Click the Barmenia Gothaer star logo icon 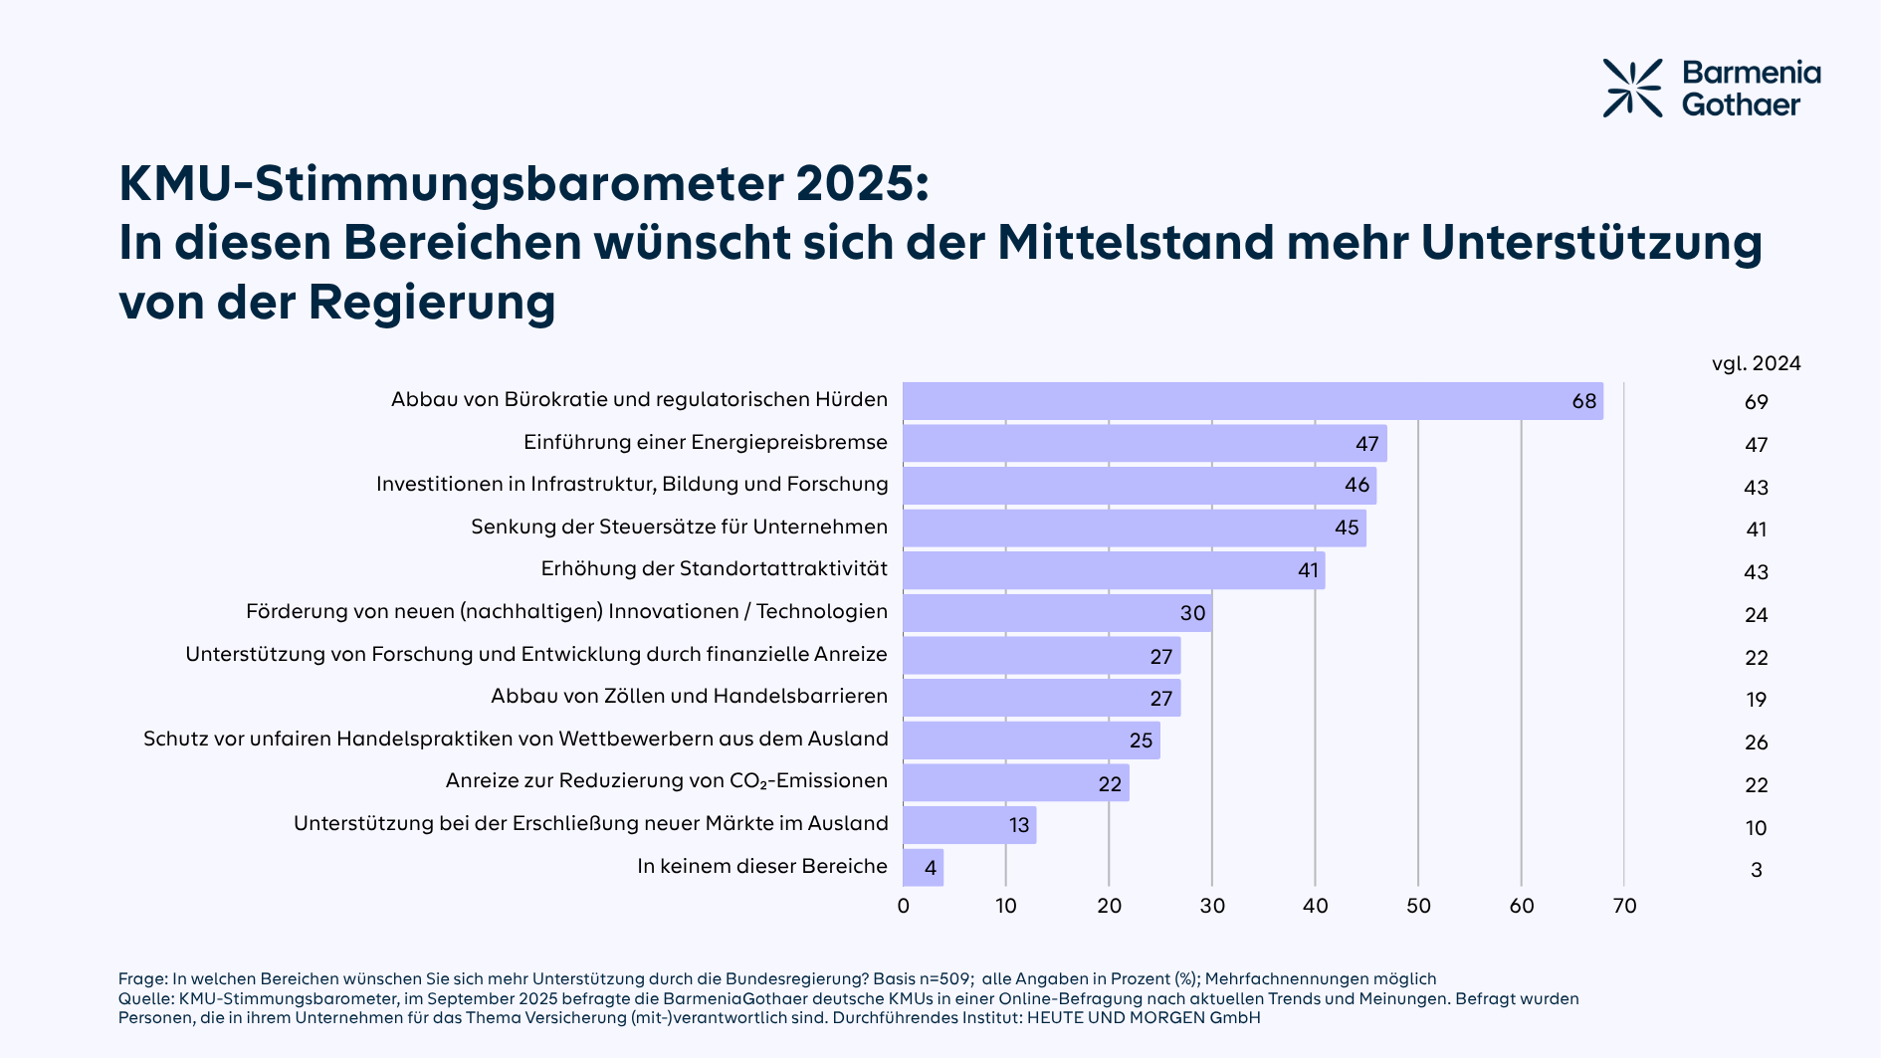(1632, 89)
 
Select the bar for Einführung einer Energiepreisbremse (1145, 443)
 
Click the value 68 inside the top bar (1583, 401)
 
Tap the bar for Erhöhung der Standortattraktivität (1114, 570)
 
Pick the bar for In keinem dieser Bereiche (923, 868)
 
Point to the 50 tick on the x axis (1418, 906)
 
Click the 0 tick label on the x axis (903, 906)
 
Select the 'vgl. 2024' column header (1756, 363)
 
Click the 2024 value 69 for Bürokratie (1756, 402)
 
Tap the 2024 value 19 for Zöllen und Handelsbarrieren (1756, 700)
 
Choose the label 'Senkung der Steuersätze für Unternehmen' (679, 527)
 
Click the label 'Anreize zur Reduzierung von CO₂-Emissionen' (666, 781)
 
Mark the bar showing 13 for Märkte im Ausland (969, 825)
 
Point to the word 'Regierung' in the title (432, 303)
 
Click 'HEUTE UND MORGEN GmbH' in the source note (1144, 1018)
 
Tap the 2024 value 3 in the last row (1756, 870)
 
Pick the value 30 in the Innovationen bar (1192, 613)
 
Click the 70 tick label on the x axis (1624, 906)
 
